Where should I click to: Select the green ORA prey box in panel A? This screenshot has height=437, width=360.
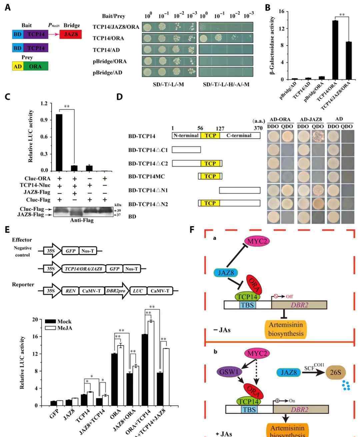pos(35,66)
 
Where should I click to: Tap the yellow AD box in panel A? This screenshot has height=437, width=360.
pos(17,66)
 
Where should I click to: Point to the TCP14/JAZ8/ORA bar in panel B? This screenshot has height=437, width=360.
pos(348,60)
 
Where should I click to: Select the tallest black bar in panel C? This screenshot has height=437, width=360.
pos(59,142)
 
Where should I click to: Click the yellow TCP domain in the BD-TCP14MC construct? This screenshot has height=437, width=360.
pos(210,176)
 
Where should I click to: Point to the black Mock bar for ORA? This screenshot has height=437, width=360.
pos(114,380)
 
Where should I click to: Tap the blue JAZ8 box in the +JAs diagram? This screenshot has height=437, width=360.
pos(288,372)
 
